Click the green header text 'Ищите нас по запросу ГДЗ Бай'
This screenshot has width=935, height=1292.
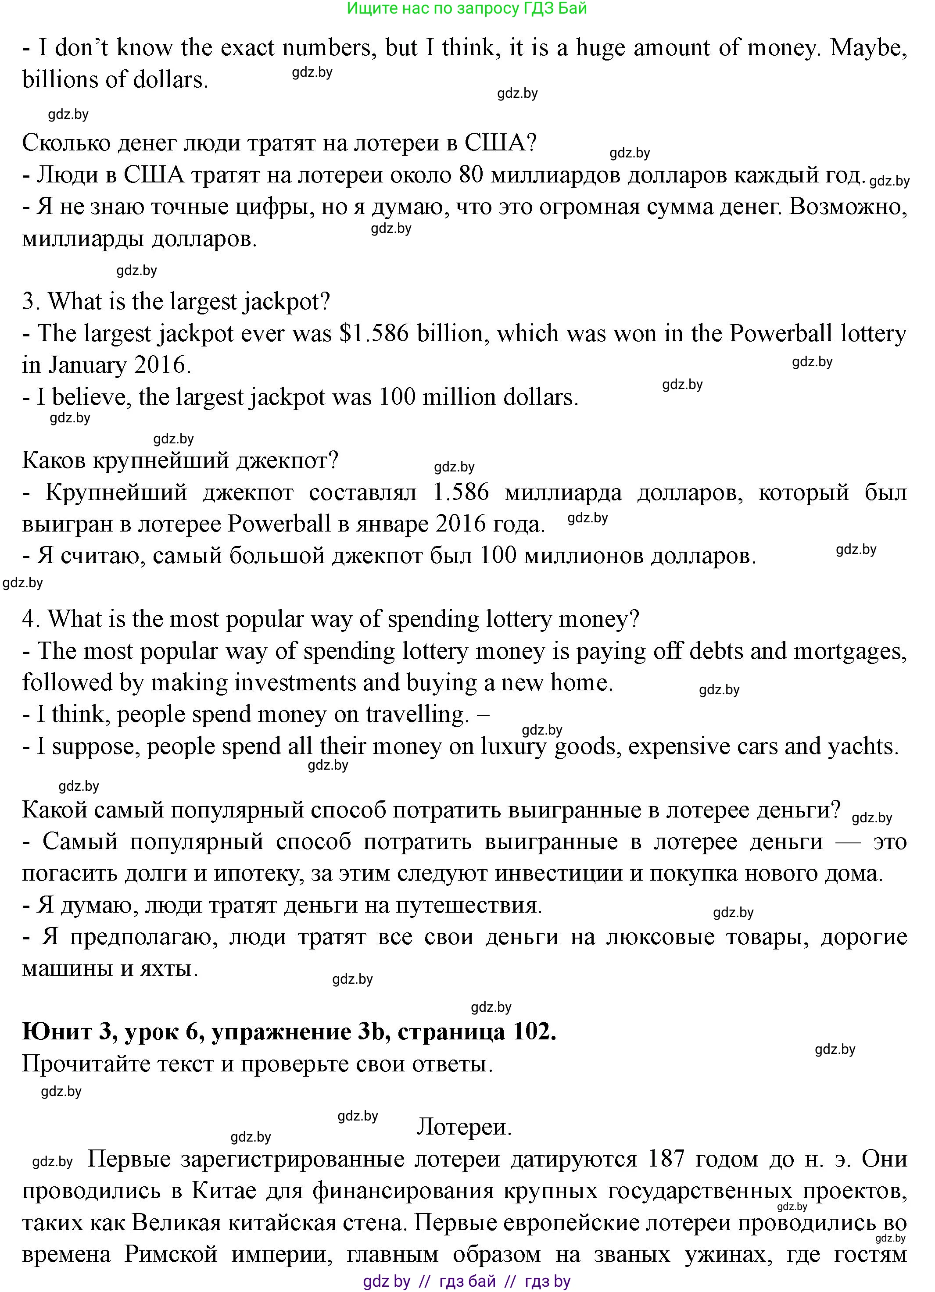click(467, 8)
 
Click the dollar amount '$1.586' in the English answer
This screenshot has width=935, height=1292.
click(374, 333)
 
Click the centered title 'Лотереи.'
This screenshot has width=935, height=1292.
click(464, 1127)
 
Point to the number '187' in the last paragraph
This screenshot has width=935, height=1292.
click(666, 1159)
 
